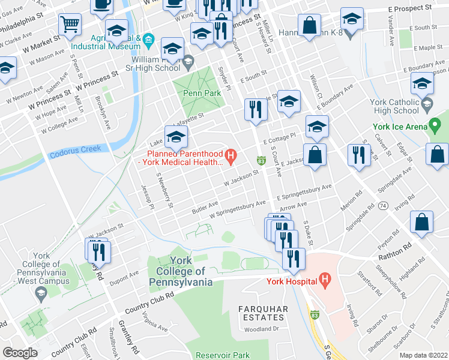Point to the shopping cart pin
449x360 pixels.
pos(70,24)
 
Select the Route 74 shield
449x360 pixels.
pos(383,205)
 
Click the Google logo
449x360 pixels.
pos(20,352)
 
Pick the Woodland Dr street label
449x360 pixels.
pos(262,329)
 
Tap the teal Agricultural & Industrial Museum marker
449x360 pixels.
pos(149,40)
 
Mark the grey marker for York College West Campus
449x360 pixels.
pos(41,293)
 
